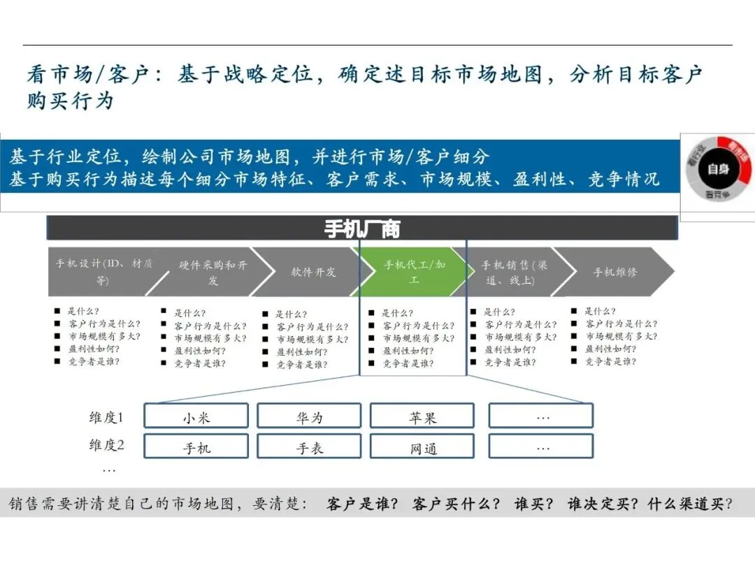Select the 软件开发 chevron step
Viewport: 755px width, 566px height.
coord(313,272)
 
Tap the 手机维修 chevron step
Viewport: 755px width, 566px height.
coord(615,272)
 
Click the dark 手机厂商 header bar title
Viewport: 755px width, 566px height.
coord(362,228)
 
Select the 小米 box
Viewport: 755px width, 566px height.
coord(196,416)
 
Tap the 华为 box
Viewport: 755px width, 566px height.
coord(309,416)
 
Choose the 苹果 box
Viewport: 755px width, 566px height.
coord(422,416)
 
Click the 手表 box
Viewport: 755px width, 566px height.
coord(309,447)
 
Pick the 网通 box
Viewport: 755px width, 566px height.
coord(422,447)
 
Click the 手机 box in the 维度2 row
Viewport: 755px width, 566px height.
coord(196,447)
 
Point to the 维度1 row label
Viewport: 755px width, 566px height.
coord(106,417)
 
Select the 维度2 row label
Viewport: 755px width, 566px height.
coord(106,445)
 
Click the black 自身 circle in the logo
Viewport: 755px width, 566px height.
coord(718,168)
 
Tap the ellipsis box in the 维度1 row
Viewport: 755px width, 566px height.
coord(541,416)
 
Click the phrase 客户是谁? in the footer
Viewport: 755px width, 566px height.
coord(361,504)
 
